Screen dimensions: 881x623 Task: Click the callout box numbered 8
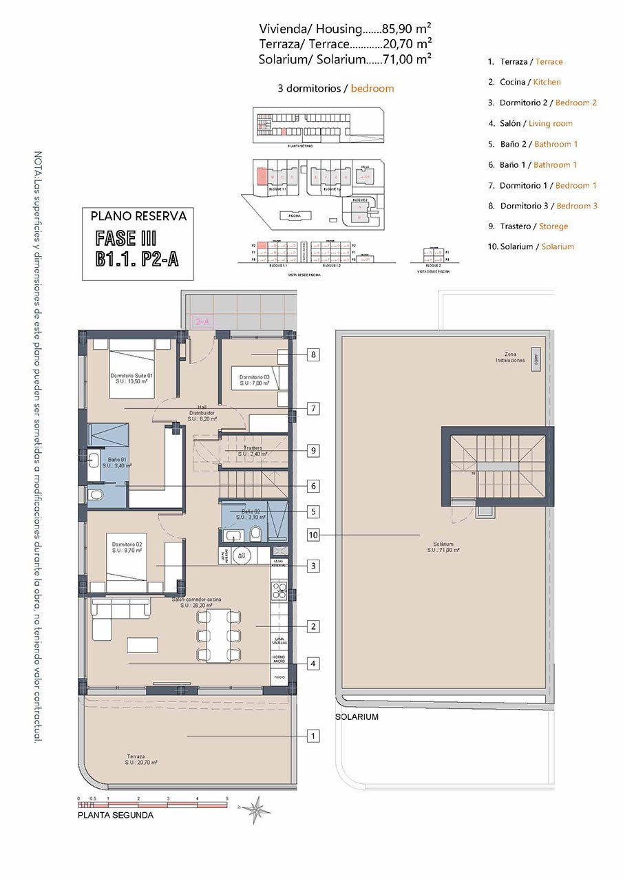pos(313,355)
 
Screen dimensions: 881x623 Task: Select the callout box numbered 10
pos(313,534)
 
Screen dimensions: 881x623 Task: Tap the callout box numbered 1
pos(313,736)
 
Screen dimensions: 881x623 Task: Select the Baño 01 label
pos(114,463)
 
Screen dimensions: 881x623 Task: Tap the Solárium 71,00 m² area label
pos(443,546)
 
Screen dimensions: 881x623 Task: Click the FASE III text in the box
pos(127,238)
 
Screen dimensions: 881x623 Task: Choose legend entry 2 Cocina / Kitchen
pos(524,82)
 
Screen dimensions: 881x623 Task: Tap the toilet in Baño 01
pos(96,496)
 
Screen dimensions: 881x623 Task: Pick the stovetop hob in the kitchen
pos(279,589)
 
